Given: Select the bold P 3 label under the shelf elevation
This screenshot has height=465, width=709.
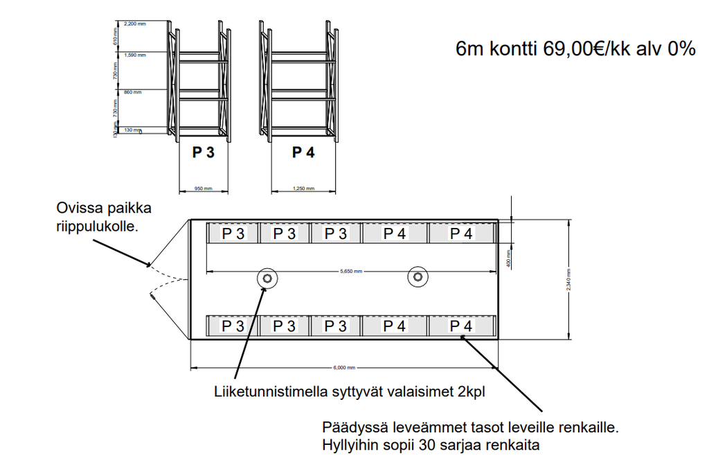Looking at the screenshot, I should [x=203, y=152].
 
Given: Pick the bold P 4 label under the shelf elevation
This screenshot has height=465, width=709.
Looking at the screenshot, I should [x=303, y=152].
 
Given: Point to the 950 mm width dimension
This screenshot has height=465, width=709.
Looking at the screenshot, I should [x=204, y=188].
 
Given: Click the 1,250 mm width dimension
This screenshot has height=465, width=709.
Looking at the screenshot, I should [x=303, y=188].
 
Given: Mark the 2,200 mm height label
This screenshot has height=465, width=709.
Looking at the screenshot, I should [x=135, y=24].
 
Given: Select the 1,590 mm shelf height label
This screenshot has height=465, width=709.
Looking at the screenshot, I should [x=135, y=54].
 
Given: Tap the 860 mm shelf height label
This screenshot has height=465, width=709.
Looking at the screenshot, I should [x=132, y=91].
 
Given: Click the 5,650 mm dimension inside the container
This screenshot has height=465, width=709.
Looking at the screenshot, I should [x=352, y=271].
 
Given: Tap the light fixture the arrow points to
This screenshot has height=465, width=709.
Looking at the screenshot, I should [x=267, y=278].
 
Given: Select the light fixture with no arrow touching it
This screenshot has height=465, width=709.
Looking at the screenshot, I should [x=417, y=277].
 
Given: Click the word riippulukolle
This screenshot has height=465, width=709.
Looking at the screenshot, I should [x=98, y=225].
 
